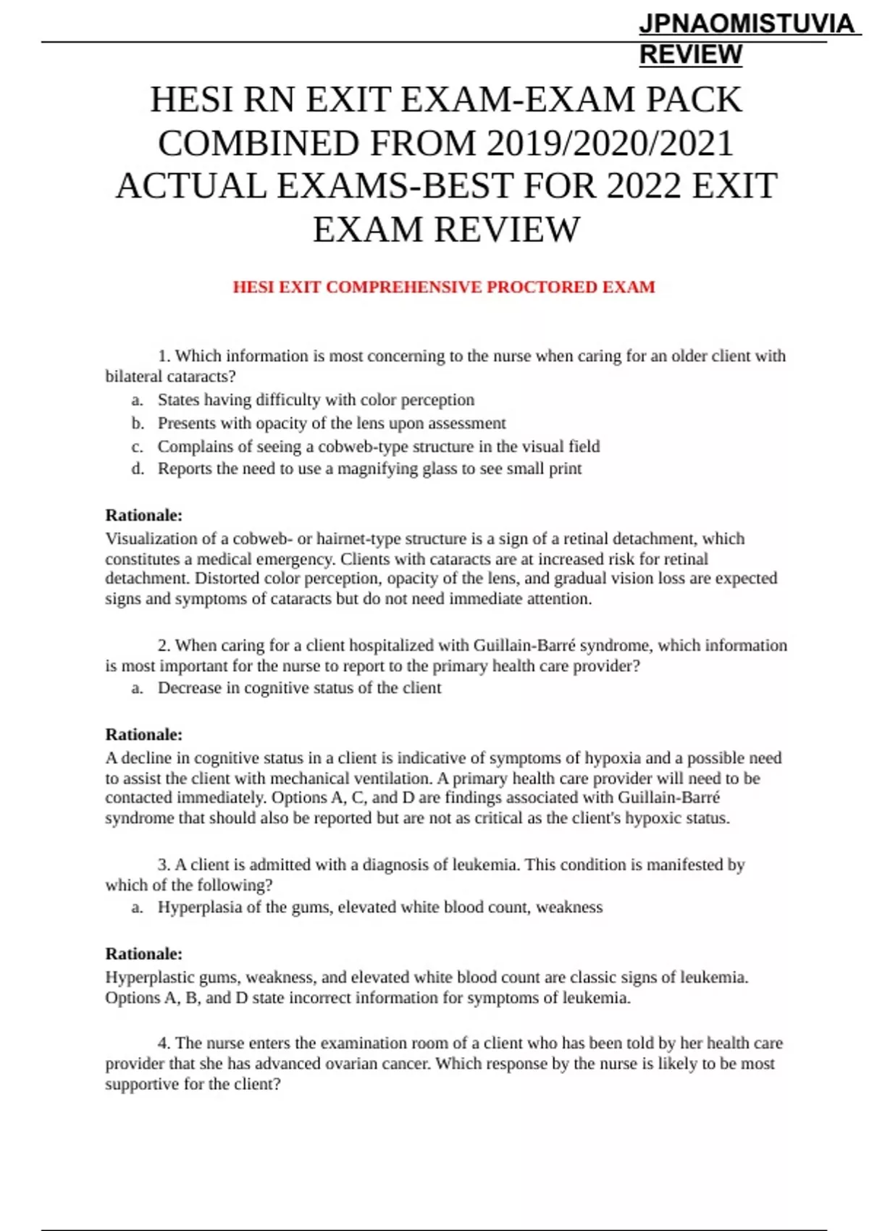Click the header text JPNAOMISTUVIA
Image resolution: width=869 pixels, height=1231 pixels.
click(x=746, y=24)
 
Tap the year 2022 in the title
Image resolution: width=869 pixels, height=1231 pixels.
click(x=644, y=186)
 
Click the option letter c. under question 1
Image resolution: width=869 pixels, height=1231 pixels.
click(x=137, y=447)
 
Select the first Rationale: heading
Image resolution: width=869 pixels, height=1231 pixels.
click(x=143, y=516)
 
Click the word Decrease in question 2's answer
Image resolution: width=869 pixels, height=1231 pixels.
click(x=190, y=688)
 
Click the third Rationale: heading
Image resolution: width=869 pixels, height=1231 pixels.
click(x=143, y=954)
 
